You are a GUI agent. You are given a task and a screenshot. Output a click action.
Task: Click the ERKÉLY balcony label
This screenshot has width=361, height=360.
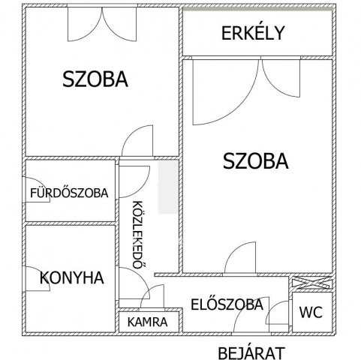point(252,33)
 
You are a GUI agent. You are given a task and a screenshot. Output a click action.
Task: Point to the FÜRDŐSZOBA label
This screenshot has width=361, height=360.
point(69,193)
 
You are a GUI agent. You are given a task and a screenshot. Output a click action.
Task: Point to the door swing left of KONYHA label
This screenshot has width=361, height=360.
point(34,278)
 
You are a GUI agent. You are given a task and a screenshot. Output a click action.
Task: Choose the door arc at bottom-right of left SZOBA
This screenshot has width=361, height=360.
point(140,141)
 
